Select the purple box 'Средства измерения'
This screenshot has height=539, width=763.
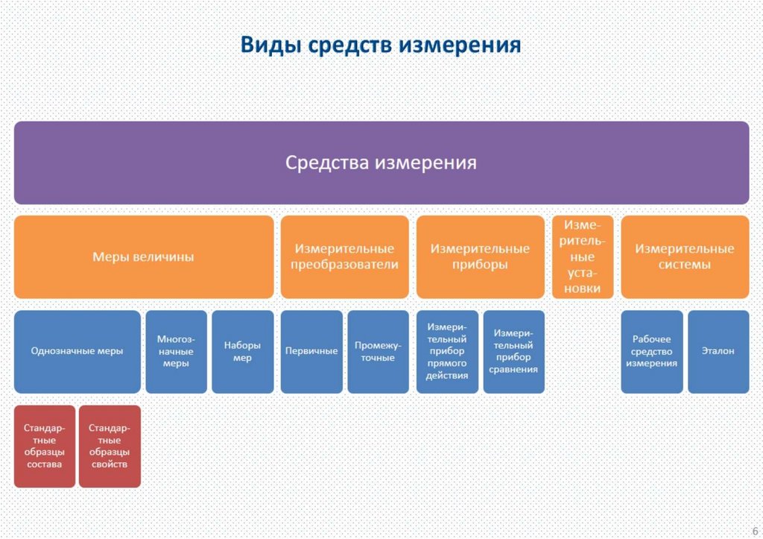(x=381, y=163)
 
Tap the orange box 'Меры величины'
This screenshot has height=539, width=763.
(x=143, y=257)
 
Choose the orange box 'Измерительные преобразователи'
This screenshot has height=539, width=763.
(x=344, y=257)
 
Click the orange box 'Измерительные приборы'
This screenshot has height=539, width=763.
(x=480, y=257)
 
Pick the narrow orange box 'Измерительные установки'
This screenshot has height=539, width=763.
(x=583, y=257)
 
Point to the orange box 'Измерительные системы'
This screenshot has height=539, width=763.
(x=685, y=257)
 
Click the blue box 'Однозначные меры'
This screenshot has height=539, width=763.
(x=77, y=351)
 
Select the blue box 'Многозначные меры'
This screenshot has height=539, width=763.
(x=175, y=351)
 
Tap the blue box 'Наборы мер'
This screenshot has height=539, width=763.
(x=242, y=351)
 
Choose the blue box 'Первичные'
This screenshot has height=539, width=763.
(x=311, y=351)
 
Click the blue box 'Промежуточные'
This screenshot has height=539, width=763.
(x=378, y=351)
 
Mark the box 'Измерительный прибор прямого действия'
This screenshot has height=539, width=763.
(x=447, y=351)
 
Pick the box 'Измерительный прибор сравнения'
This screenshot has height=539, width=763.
(x=513, y=351)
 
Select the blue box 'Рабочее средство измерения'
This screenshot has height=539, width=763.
(x=651, y=351)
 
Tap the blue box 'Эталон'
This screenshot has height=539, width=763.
(x=718, y=351)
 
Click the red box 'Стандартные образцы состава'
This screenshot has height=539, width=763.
(x=44, y=446)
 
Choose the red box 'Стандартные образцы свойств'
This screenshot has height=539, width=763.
(x=110, y=446)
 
